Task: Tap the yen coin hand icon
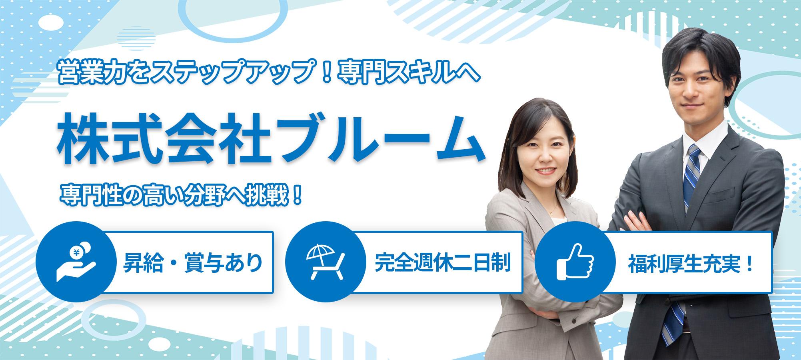point(76,264)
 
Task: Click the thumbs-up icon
point(575,262)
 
